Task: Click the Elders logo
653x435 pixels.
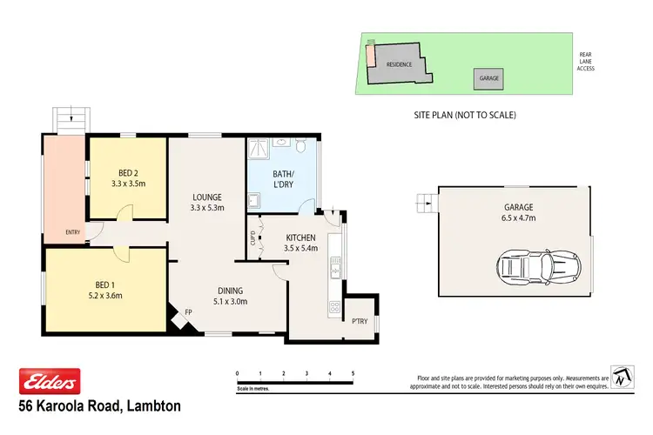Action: click(50, 381)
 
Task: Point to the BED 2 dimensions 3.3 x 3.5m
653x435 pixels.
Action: click(129, 184)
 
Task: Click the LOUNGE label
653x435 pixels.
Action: click(207, 197)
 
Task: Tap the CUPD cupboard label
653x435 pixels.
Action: click(252, 237)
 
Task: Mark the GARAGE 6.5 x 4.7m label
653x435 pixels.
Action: click(517, 213)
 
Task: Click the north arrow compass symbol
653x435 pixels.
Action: click(620, 377)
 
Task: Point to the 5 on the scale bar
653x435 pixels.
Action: click(353, 373)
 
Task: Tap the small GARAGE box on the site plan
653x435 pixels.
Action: click(488, 78)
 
